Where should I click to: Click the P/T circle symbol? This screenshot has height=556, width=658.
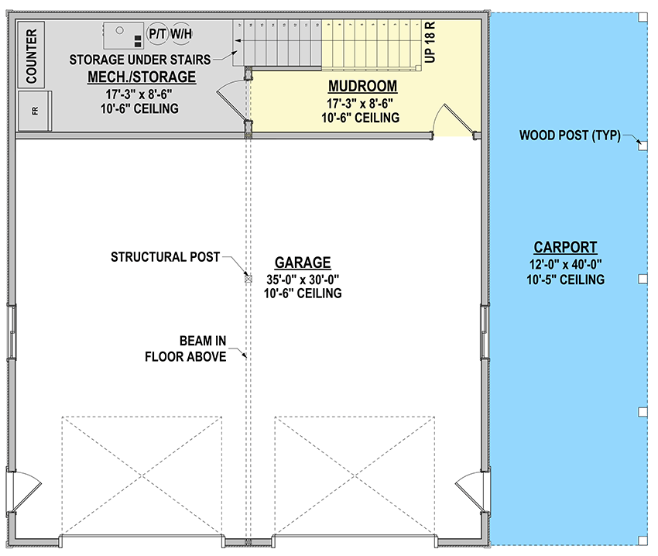tap(157, 34)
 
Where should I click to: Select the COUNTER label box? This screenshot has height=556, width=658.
tap(32, 55)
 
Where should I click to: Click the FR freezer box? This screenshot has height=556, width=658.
tap(35, 111)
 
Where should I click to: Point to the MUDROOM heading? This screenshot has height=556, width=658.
tap(362, 86)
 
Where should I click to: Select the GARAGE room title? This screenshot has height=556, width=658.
tap(303, 263)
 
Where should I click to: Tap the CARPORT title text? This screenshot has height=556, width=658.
tap(565, 248)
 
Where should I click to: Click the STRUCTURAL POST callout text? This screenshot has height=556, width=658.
tap(165, 256)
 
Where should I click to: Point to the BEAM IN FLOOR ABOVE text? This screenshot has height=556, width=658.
tap(186, 348)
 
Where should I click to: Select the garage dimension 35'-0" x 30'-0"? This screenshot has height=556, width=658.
tap(303, 279)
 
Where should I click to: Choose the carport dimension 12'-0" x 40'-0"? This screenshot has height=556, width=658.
tap(565, 264)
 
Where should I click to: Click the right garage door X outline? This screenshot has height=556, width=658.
tap(355, 475)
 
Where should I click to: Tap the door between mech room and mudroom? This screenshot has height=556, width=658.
tap(233, 101)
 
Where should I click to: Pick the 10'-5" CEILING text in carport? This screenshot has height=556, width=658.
tap(565, 279)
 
